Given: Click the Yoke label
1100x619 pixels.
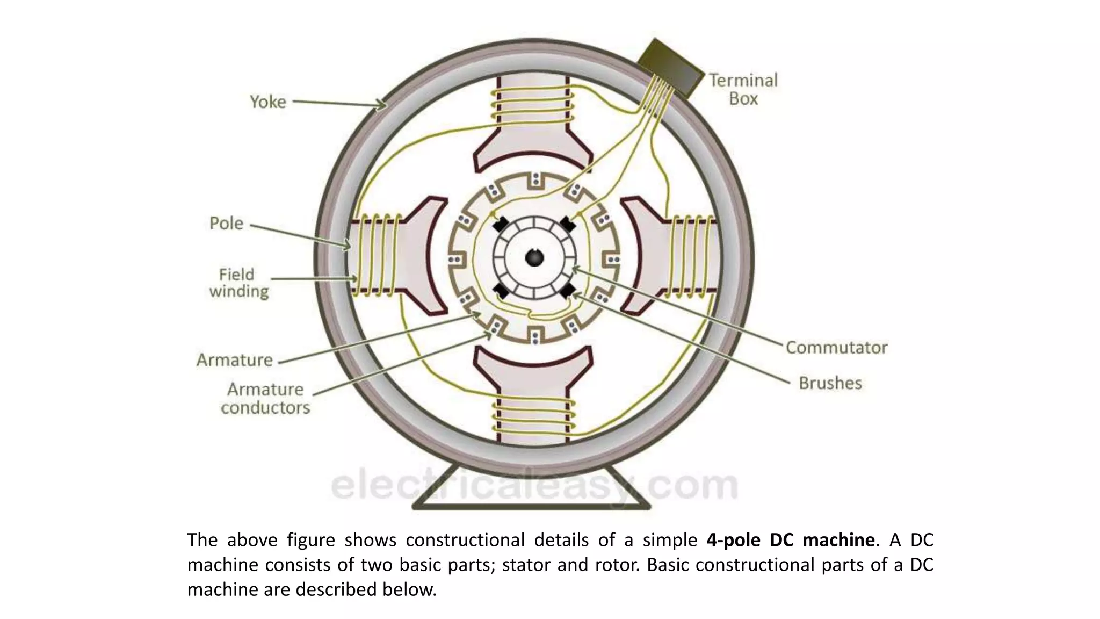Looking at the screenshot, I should click(267, 102).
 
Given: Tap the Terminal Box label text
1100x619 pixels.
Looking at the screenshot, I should click(743, 89).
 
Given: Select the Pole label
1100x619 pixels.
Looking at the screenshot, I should click(226, 223).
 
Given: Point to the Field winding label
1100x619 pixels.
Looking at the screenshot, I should click(238, 283).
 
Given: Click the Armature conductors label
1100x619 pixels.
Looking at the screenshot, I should click(265, 398).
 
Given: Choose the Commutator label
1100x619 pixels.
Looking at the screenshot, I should click(836, 348).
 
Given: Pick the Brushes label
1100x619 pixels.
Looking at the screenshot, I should click(830, 383).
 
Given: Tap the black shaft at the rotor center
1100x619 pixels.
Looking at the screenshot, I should click(534, 258).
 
